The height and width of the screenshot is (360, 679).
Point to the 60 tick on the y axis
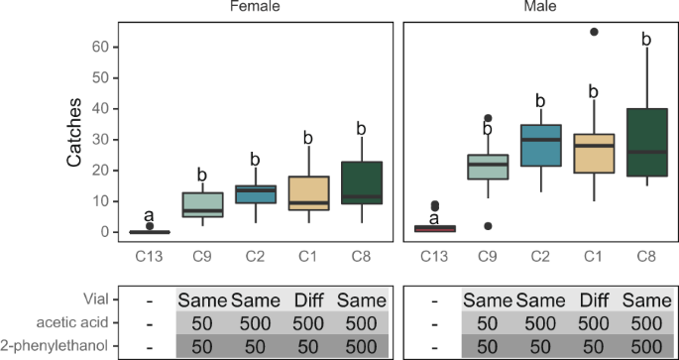pos(99,46)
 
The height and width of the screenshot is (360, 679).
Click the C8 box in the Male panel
pos(645,142)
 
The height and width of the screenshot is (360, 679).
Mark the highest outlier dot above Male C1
pos(593,32)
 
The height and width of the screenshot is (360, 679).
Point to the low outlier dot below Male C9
pos(488,226)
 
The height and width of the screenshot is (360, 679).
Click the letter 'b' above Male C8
pos(645,40)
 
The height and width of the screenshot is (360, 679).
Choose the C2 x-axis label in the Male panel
pos(540,254)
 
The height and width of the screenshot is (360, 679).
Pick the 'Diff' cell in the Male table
pos(593,299)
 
